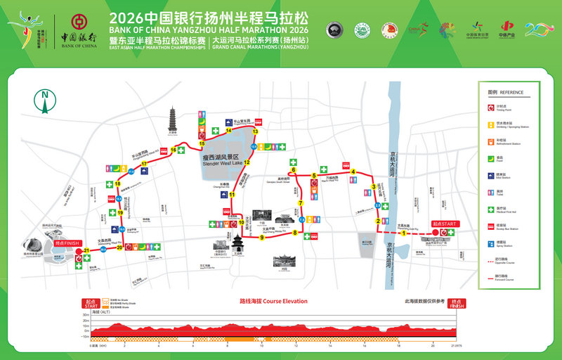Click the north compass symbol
(46, 101)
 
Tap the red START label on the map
(444, 224)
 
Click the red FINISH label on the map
(67, 243)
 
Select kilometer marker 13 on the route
(255, 131)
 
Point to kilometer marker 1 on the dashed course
(404, 233)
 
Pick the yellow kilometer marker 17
(144, 164)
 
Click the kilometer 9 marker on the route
(261, 238)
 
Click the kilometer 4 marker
(353, 172)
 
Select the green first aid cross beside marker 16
(181, 150)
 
